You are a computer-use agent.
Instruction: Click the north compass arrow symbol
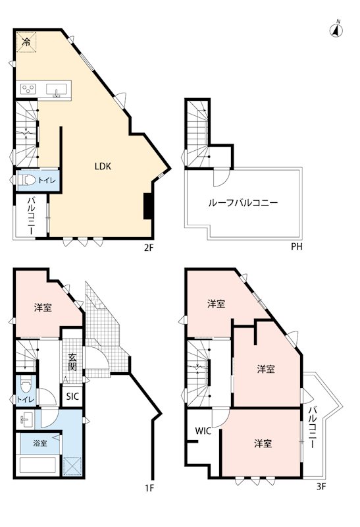point(336,28)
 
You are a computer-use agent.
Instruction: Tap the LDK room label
point(103,167)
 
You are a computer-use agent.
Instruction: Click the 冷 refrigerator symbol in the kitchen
point(26,42)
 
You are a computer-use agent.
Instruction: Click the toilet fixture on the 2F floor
point(26,179)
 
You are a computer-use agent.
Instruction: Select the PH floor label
point(297,248)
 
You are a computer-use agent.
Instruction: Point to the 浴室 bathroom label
point(40,443)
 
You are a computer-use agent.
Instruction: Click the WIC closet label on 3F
point(203,431)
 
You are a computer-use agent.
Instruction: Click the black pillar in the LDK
point(149,206)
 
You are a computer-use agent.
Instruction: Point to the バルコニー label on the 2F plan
point(30,217)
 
